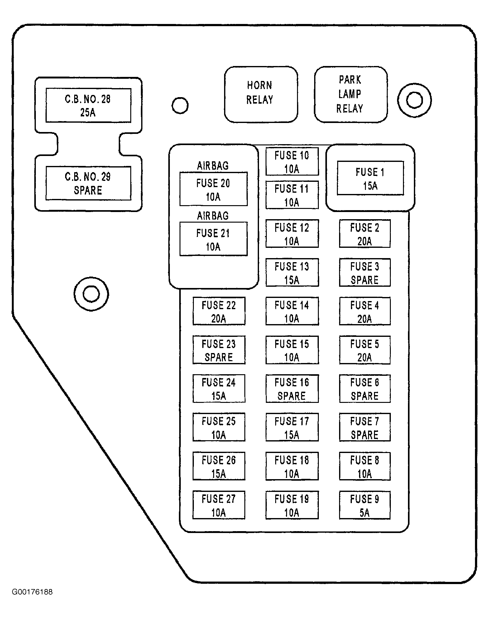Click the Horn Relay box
[x=261, y=94]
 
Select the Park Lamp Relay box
[x=351, y=94]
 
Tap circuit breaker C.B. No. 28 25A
[x=88, y=106]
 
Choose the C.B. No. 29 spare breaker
[x=88, y=183]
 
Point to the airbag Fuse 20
[x=213, y=189]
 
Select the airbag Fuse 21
[x=213, y=239]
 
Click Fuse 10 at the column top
[x=292, y=162]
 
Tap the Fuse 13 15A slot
[x=292, y=272]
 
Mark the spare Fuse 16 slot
[x=292, y=389]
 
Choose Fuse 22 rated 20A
[x=219, y=311]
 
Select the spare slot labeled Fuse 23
[x=219, y=350]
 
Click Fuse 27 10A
[x=219, y=505]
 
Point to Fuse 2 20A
[x=365, y=234]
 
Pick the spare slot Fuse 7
[x=365, y=427]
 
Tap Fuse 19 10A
[x=292, y=505]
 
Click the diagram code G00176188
[x=32, y=592]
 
